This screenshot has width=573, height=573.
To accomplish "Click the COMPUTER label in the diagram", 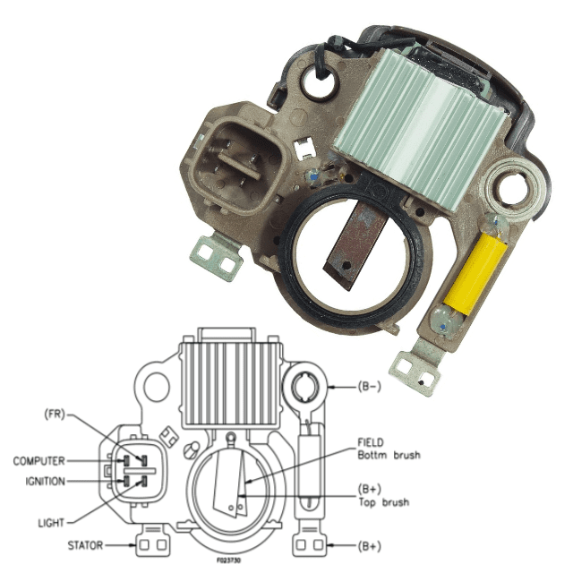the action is [x=38, y=461].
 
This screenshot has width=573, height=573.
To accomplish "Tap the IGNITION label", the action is [x=46, y=482].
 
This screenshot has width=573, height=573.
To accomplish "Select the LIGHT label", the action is [x=51, y=523].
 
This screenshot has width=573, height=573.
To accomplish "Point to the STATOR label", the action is [x=85, y=545].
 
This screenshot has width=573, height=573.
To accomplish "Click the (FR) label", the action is [x=55, y=415].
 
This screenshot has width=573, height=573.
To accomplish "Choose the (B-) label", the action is [x=370, y=387].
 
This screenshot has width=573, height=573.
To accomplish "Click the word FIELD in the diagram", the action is [x=371, y=442].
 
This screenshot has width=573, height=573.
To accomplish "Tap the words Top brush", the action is [x=384, y=502].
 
